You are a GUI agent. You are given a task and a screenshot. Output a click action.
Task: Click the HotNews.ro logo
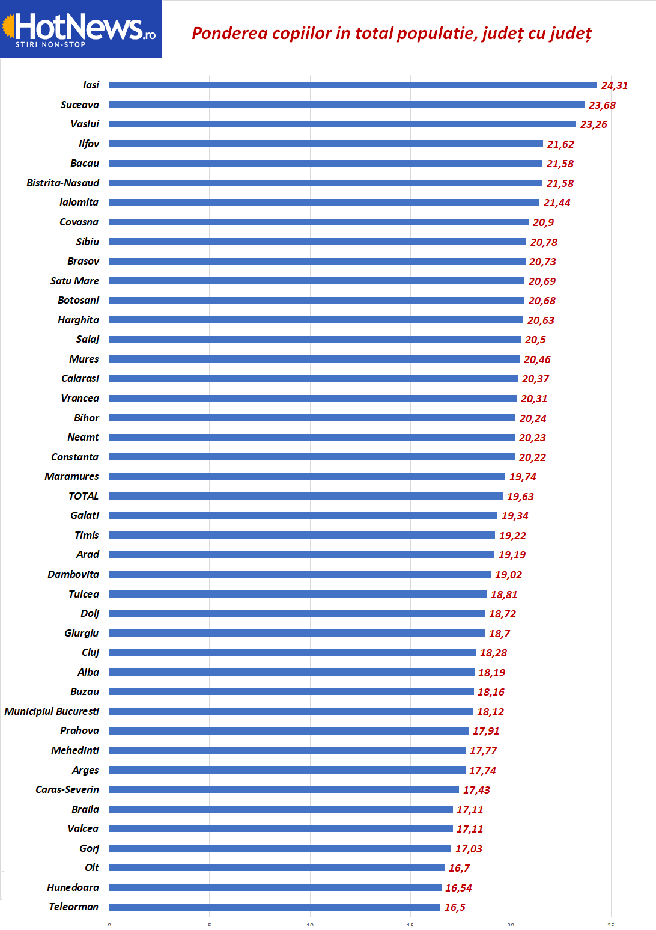click(x=81, y=29)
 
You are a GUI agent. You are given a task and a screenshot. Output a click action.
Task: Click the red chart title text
click(x=392, y=34)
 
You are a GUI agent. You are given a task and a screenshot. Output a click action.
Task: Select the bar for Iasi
click(x=353, y=85)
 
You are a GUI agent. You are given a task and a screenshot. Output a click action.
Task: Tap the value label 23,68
click(x=602, y=105)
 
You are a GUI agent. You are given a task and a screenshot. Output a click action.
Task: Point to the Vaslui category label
click(x=85, y=124)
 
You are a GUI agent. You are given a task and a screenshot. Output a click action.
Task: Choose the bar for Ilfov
click(x=326, y=144)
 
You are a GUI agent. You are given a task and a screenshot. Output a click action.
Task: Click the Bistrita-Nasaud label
click(x=63, y=183)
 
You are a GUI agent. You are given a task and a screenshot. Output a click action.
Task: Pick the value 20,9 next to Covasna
click(x=543, y=222)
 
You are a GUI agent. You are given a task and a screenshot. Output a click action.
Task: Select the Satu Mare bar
click(x=317, y=281)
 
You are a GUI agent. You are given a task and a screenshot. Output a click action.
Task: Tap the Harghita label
click(x=78, y=320)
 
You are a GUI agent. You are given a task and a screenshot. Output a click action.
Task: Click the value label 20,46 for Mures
click(x=537, y=359)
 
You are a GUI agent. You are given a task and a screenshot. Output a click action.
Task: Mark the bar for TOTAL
click(x=306, y=496)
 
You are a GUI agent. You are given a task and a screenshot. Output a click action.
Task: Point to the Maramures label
click(x=71, y=476)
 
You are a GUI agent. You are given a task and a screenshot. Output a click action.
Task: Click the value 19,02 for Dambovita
click(x=508, y=575)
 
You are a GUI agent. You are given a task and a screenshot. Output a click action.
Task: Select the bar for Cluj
click(x=293, y=652)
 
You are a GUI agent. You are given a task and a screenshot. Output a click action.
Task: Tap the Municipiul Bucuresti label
click(x=52, y=711)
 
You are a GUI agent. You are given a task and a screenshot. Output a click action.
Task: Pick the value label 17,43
click(x=476, y=790)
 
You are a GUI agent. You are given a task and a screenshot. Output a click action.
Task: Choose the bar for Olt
click(x=276, y=867)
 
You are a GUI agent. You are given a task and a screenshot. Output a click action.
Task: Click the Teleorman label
click(x=73, y=907)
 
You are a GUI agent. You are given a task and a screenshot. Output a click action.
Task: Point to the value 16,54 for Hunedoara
click(x=458, y=888)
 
